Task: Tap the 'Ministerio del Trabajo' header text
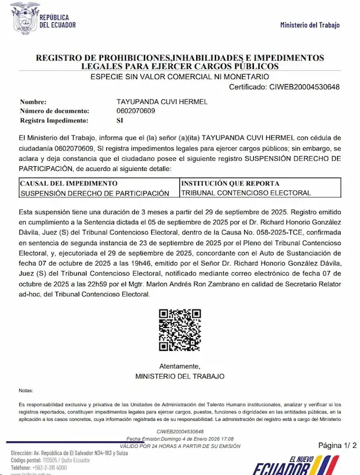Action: pyautogui.click(x=310, y=25)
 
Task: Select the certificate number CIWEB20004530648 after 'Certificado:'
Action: pyautogui.click(x=304, y=88)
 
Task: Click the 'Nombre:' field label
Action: pyautogui.click(x=33, y=102)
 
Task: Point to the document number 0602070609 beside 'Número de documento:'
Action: pyautogui.click(x=136, y=111)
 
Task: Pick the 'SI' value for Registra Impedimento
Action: pyautogui.click(x=119, y=121)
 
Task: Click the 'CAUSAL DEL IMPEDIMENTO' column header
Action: pyautogui.click(x=69, y=183)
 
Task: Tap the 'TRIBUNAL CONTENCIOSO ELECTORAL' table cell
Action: pyautogui.click(x=246, y=193)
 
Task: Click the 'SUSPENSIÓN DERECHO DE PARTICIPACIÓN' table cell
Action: pyautogui.click(x=95, y=193)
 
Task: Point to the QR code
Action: pyautogui.click(x=179, y=330)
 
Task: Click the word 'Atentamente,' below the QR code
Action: pyautogui.click(x=180, y=366)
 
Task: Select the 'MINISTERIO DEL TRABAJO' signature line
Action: pyautogui.click(x=180, y=376)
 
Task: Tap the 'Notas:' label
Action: pyautogui.click(x=26, y=390)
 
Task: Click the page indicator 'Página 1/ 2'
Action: pyautogui.click(x=337, y=445)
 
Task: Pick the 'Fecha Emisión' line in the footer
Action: pyautogui.click(x=180, y=439)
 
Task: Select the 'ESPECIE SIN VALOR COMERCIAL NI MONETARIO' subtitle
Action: pyautogui.click(x=179, y=77)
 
